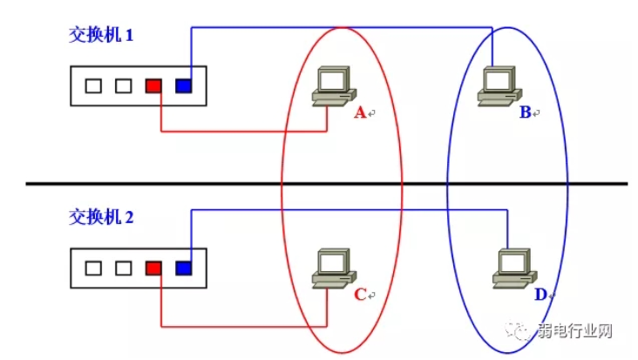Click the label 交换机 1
[101, 37]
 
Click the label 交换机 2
[101, 216]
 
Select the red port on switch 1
[153, 86]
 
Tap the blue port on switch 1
[183, 86]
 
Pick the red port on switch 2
[153, 268]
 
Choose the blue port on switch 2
[183, 268]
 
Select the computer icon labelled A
[332, 87]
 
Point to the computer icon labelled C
[332, 268]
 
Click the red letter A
[360, 112]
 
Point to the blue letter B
[525, 112]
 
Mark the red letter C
[360, 295]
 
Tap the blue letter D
[540, 295]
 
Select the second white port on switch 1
[124, 86]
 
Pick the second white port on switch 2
[124, 268]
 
